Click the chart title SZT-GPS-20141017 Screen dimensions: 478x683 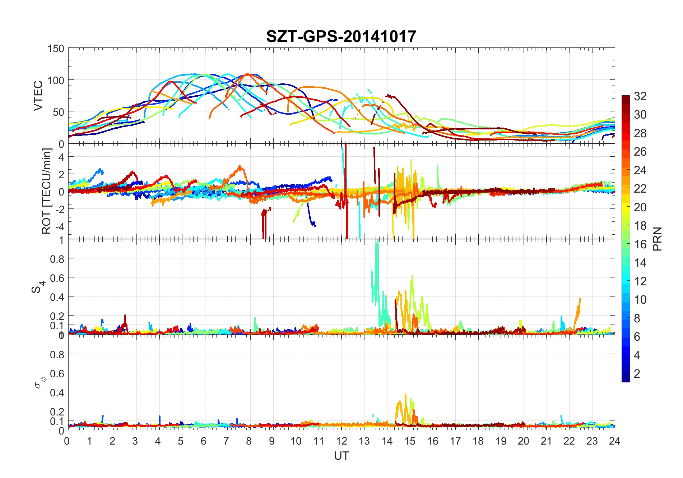coord(341,37)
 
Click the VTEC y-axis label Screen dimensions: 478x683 coord(38,95)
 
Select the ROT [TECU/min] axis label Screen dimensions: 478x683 coord(47,191)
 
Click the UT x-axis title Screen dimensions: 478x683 coord(341,456)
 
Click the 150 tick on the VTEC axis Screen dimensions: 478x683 coord(56,49)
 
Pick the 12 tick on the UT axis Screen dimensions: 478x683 coord(341,441)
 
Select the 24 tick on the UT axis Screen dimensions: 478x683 coord(614,441)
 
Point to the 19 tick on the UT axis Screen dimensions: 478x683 coord(501,441)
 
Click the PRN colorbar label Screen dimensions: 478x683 coord(657,239)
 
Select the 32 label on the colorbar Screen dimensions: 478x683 coord(640,96)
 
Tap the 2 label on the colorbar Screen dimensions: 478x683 coord(637,374)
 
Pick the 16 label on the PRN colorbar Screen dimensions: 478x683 coord(640,244)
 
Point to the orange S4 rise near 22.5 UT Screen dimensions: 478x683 coord(578,307)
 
